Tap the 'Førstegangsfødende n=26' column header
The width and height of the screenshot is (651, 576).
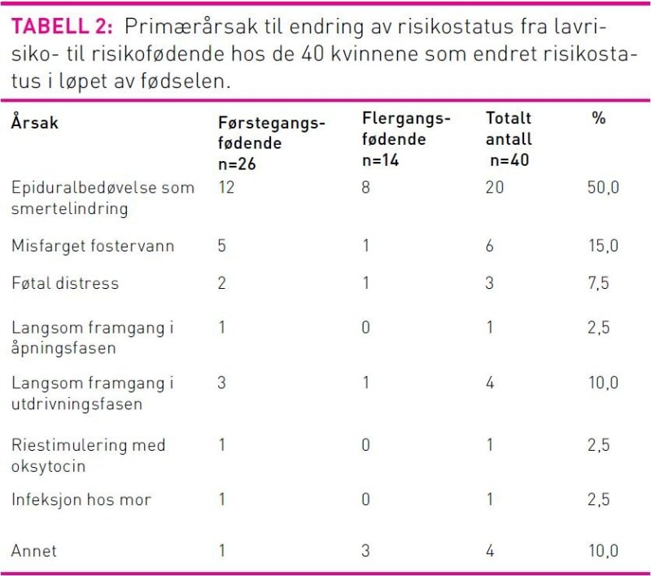271,142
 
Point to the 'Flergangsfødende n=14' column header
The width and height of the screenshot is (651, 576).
405,139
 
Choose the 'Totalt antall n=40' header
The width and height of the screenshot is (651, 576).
509,139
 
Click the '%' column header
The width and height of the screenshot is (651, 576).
599,119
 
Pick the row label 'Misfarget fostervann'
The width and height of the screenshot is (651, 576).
93,246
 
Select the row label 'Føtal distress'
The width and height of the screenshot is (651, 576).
65,283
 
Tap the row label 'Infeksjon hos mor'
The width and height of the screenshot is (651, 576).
81,500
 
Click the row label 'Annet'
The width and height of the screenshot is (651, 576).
34,551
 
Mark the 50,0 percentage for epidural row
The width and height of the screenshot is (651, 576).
603,188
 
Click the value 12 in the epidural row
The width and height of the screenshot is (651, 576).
227,188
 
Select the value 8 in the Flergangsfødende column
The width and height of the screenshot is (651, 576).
366,188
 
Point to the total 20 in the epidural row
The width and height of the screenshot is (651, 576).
495,188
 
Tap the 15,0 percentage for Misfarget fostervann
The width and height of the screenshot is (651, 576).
603,246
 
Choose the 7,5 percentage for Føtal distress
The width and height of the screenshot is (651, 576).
599,283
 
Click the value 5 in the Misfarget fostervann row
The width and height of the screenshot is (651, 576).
222,246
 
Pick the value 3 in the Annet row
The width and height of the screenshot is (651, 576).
366,551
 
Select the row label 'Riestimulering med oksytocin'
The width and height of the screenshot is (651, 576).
88,456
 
